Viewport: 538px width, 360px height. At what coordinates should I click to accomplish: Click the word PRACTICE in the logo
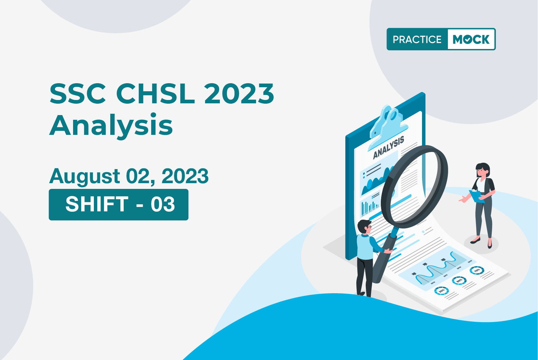click(x=417, y=39)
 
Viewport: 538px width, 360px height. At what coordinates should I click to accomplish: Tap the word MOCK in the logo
click(x=471, y=39)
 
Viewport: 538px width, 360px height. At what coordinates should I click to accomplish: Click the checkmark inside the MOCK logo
click(x=468, y=40)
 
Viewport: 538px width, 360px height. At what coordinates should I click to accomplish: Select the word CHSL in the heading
click(x=156, y=94)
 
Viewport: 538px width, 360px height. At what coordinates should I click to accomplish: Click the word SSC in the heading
click(x=77, y=94)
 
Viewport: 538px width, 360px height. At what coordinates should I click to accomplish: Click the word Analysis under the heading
click(x=111, y=126)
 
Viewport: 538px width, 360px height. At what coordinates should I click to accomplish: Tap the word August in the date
click(x=84, y=176)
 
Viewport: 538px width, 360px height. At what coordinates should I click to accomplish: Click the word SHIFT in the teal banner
click(x=97, y=204)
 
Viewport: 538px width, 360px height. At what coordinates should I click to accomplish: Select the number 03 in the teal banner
click(x=163, y=204)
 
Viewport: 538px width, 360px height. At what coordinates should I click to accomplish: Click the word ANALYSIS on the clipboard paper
click(x=388, y=148)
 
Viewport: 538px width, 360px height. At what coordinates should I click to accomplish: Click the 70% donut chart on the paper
click(x=477, y=270)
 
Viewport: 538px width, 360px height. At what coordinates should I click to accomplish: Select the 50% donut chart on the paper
click(x=459, y=280)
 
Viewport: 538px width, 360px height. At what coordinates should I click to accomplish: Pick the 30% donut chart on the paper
click(x=441, y=291)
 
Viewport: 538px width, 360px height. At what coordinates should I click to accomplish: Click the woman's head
click(x=482, y=170)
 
